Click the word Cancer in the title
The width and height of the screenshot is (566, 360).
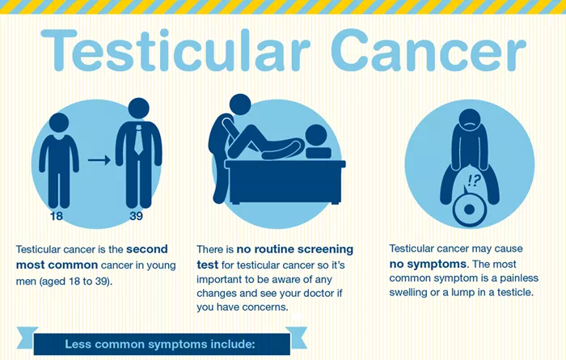click(x=429, y=49)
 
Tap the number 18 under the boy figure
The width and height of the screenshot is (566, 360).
click(x=57, y=216)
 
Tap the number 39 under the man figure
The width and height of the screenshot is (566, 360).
click(x=136, y=216)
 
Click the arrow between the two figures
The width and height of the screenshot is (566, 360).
click(x=99, y=159)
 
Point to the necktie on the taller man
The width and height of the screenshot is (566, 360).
click(x=138, y=140)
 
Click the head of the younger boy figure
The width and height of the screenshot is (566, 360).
click(x=59, y=123)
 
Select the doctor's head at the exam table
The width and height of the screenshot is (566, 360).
click(x=240, y=104)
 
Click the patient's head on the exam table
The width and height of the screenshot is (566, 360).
click(x=316, y=135)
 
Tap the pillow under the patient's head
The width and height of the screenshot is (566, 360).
click(x=319, y=153)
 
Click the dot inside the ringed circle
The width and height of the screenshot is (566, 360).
click(x=469, y=210)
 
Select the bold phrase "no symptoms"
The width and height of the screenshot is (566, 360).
click(x=428, y=264)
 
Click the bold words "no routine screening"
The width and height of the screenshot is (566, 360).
click(x=295, y=249)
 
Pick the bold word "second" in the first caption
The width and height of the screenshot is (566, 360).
click(x=147, y=249)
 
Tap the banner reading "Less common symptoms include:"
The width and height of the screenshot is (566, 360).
click(x=162, y=344)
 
